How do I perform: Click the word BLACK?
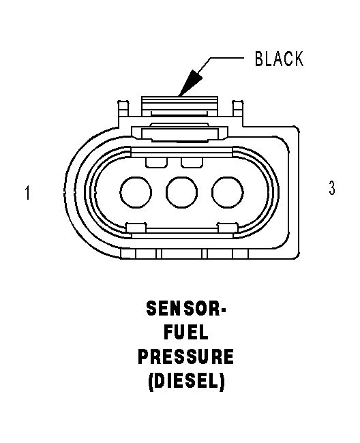279,59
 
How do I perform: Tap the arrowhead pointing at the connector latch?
190,82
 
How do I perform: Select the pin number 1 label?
27,193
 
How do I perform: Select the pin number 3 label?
332,187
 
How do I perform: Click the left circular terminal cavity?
136,192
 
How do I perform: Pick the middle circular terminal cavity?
181,192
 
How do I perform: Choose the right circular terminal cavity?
228,192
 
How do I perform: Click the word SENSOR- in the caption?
186,308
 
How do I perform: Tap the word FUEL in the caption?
186,332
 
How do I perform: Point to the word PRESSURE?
186,356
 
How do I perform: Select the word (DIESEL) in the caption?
187,382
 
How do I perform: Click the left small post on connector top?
123,108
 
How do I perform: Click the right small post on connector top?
238,108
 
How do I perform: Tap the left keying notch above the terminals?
157,162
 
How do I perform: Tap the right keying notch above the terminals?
192,162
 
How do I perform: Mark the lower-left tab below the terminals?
136,228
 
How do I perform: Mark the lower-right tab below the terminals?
228,228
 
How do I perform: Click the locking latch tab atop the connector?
180,106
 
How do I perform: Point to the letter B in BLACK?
259,59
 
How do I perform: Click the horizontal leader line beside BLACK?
227,58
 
